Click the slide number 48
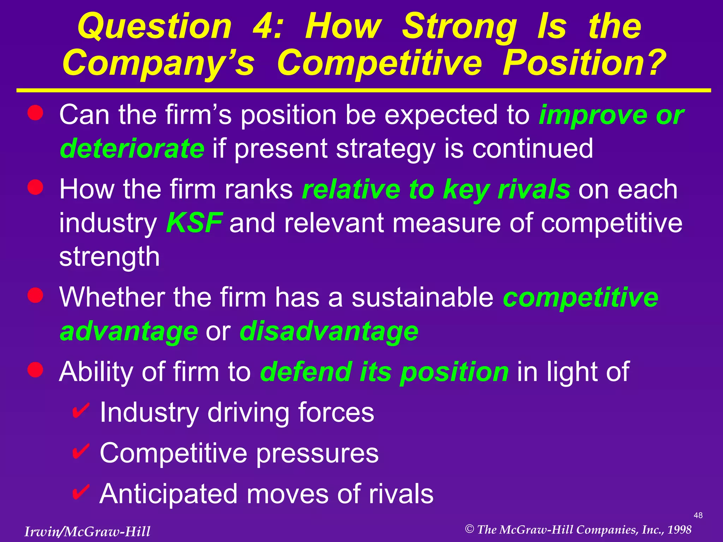click(x=698, y=516)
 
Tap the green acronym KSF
click(x=194, y=223)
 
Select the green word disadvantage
click(x=329, y=331)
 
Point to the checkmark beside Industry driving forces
click(x=81, y=411)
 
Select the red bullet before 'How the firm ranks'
click(x=35, y=187)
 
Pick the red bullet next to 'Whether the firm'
click(x=35, y=295)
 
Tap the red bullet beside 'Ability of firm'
click(x=35, y=369)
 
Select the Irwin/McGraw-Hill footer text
click(x=87, y=531)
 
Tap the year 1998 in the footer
click(x=679, y=530)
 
